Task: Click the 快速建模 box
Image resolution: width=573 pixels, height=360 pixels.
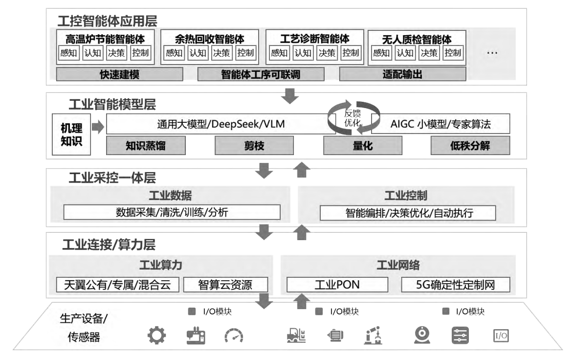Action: [119, 74]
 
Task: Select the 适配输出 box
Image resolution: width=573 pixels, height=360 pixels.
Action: [402, 74]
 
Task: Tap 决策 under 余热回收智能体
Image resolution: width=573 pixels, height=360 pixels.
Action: [221, 53]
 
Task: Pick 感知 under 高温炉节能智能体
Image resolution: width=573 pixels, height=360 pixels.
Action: [68, 53]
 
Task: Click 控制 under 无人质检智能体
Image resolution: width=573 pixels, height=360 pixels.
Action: [453, 53]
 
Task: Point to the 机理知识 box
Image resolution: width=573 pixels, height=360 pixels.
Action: [71, 134]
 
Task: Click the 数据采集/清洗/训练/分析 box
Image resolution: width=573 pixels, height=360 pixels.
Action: [172, 213]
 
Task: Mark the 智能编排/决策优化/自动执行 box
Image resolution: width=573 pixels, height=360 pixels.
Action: [407, 213]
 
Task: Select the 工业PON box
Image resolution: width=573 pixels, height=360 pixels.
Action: [337, 285]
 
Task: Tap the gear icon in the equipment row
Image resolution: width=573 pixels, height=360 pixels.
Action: [156, 335]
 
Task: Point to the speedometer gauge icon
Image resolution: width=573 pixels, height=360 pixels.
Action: [234, 335]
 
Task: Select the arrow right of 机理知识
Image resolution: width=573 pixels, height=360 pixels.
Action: [98, 127]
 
